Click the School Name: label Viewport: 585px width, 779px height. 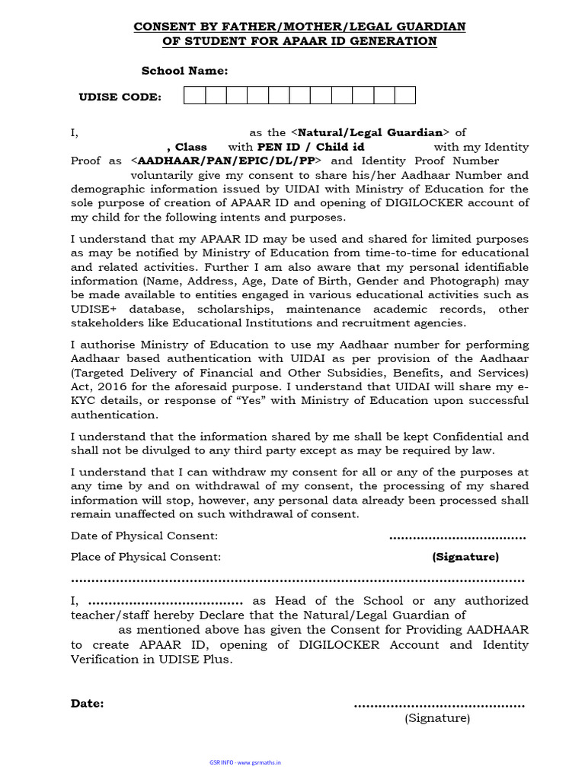(184, 71)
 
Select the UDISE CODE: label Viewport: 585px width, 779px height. (120, 97)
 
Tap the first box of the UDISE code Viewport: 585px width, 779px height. (194, 95)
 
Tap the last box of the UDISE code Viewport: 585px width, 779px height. (404, 95)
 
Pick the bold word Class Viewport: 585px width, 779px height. (190, 147)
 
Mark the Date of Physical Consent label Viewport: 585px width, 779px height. (144, 536)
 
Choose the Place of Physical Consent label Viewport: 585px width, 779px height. (145, 557)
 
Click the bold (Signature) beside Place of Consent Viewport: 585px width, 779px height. (465, 557)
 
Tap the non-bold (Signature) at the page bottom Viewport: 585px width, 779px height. (437, 718)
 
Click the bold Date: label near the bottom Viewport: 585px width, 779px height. (87, 704)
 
